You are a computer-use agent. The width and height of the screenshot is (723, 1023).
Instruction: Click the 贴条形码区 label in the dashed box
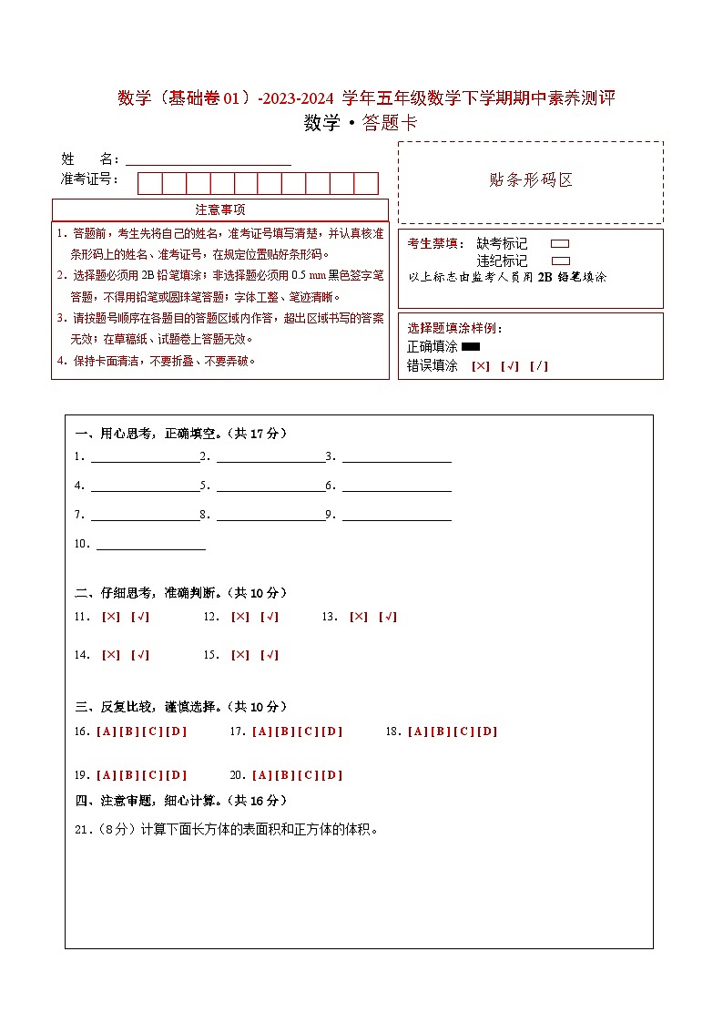pos(531,180)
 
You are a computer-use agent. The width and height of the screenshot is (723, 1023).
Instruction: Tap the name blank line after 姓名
pos(209,160)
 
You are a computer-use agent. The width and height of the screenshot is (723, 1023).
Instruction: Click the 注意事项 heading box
pos(220,210)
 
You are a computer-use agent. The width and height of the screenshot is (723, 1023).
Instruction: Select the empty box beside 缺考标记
pos(561,244)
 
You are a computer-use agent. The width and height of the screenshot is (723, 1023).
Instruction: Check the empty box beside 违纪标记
pos(561,261)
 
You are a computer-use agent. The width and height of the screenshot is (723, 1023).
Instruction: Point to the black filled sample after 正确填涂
pos(471,347)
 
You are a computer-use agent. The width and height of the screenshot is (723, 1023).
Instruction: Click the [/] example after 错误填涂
pos(539,366)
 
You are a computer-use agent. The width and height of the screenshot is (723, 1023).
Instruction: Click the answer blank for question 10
pos(151,546)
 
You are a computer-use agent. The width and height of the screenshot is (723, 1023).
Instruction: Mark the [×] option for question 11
pos(111,617)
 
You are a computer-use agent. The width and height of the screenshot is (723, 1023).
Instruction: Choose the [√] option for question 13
pos(388,617)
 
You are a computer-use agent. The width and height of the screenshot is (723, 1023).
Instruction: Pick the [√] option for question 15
pos(270,655)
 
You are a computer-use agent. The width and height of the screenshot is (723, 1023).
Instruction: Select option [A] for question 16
pos(106,731)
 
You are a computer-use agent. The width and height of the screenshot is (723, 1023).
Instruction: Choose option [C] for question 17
pos(309,731)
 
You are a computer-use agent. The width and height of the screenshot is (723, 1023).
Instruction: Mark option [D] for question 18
pos(488,731)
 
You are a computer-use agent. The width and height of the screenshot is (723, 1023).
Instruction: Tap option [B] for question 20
pos(284,775)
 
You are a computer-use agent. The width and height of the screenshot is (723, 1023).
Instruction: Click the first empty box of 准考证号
pos(150,183)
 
